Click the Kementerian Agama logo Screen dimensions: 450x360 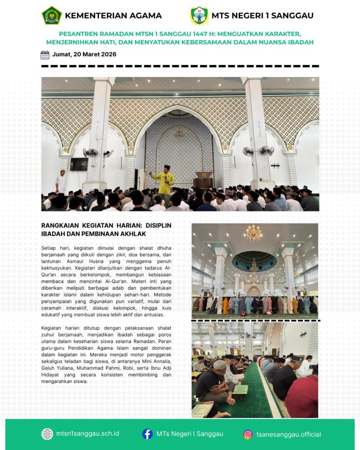[51, 15]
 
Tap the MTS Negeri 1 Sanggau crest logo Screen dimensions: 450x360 [199, 15]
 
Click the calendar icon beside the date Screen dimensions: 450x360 [45, 55]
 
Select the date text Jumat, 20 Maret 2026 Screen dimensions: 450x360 [84, 55]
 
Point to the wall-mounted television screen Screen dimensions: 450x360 [79, 164]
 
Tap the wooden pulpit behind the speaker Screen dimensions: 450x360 [203, 180]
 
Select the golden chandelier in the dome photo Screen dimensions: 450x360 [254, 234]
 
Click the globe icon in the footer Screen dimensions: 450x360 [47, 434]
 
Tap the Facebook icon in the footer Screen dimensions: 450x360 [147, 434]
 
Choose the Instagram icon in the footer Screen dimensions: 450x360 [248, 435]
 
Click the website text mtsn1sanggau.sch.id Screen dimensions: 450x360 [87, 434]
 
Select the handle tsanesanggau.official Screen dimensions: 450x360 [289, 435]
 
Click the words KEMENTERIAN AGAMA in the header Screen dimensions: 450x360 [113, 16]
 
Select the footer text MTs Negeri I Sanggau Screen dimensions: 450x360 [190, 434]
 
